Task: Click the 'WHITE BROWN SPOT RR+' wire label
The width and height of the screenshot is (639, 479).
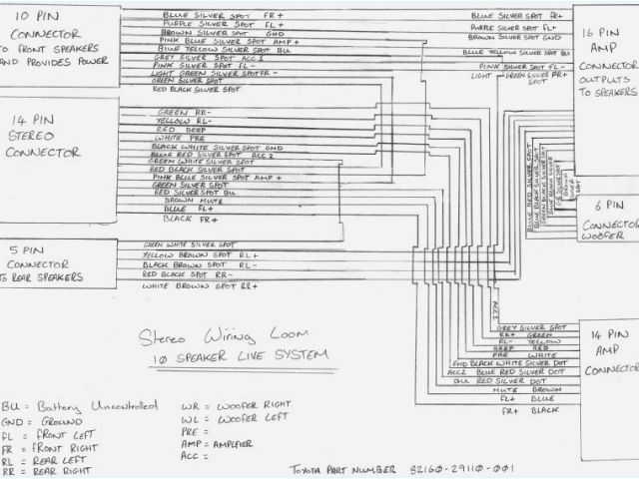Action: tap(201, 286)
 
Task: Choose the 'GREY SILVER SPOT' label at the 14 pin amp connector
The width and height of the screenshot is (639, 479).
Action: tap(524, 327)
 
